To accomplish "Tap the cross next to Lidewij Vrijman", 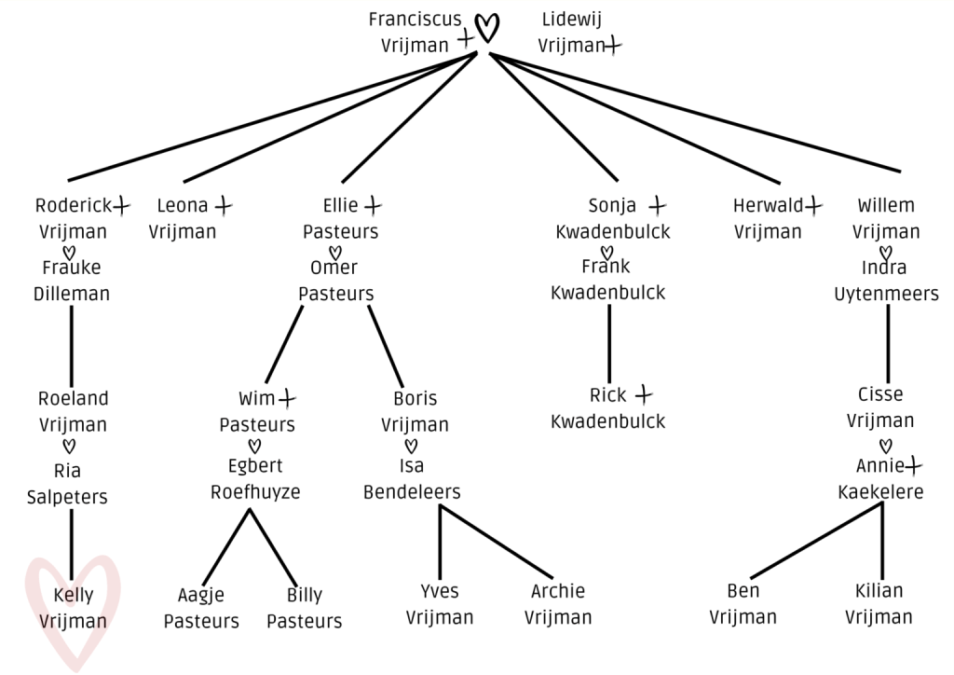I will pyautogui.click(x=612, y=44).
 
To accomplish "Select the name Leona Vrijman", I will pyautogui.click(x=183, y=218).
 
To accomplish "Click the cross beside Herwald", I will pyautogui.click(x=814, y=203).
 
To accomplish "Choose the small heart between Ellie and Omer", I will pyautogui.click(x=335, y=252).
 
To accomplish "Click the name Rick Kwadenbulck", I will pyautogui.click(x=608, y=408).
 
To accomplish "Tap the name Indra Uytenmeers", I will pyautogui.click(x=886, y=281).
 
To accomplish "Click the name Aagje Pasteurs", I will pyautogui.click(x=201, y=608).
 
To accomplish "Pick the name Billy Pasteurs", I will pyautogui.click(x=305, y=608).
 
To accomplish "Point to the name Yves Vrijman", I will pyautogui.click(x=440, y=604).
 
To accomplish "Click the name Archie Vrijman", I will pyautogui.click(x=558, y=604).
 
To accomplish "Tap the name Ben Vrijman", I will pyautogui.click(x=743, y=604).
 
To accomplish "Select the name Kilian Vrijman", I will pyautogui.click(x=879, y=604).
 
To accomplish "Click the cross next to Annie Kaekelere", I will pyautogui.click(x=914, y=463).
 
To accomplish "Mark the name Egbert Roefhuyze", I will pyautogui.click(x=255, y=478).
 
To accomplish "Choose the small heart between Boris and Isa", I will pyautogui.click(x=411, y=445).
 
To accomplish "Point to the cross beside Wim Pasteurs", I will pyautogui.click(x=287, y=398).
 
